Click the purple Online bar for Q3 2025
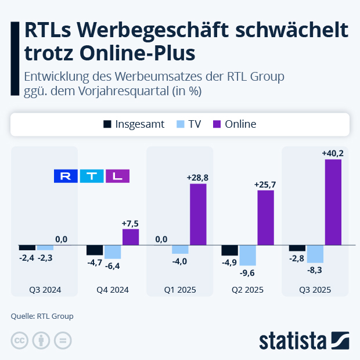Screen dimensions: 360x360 (x=333, y=202)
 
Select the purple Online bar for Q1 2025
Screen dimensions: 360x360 (x=198, y=214)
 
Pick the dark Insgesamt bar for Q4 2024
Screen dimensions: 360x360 (x=95, y=250)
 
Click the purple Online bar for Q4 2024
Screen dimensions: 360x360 (x=131, y=237)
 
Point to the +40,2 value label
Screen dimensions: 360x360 (x=333, y=153)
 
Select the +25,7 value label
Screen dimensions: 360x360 (x=265, y=185)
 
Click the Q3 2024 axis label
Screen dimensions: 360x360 (x=45, y=290)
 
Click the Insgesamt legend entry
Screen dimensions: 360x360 (x=134, y=124)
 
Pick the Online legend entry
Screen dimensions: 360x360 (x=235, y=124)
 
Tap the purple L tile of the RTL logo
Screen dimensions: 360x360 (x=117, y=176)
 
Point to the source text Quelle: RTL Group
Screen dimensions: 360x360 (x=42, y=316)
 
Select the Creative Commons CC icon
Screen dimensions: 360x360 (x=20, y=340)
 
